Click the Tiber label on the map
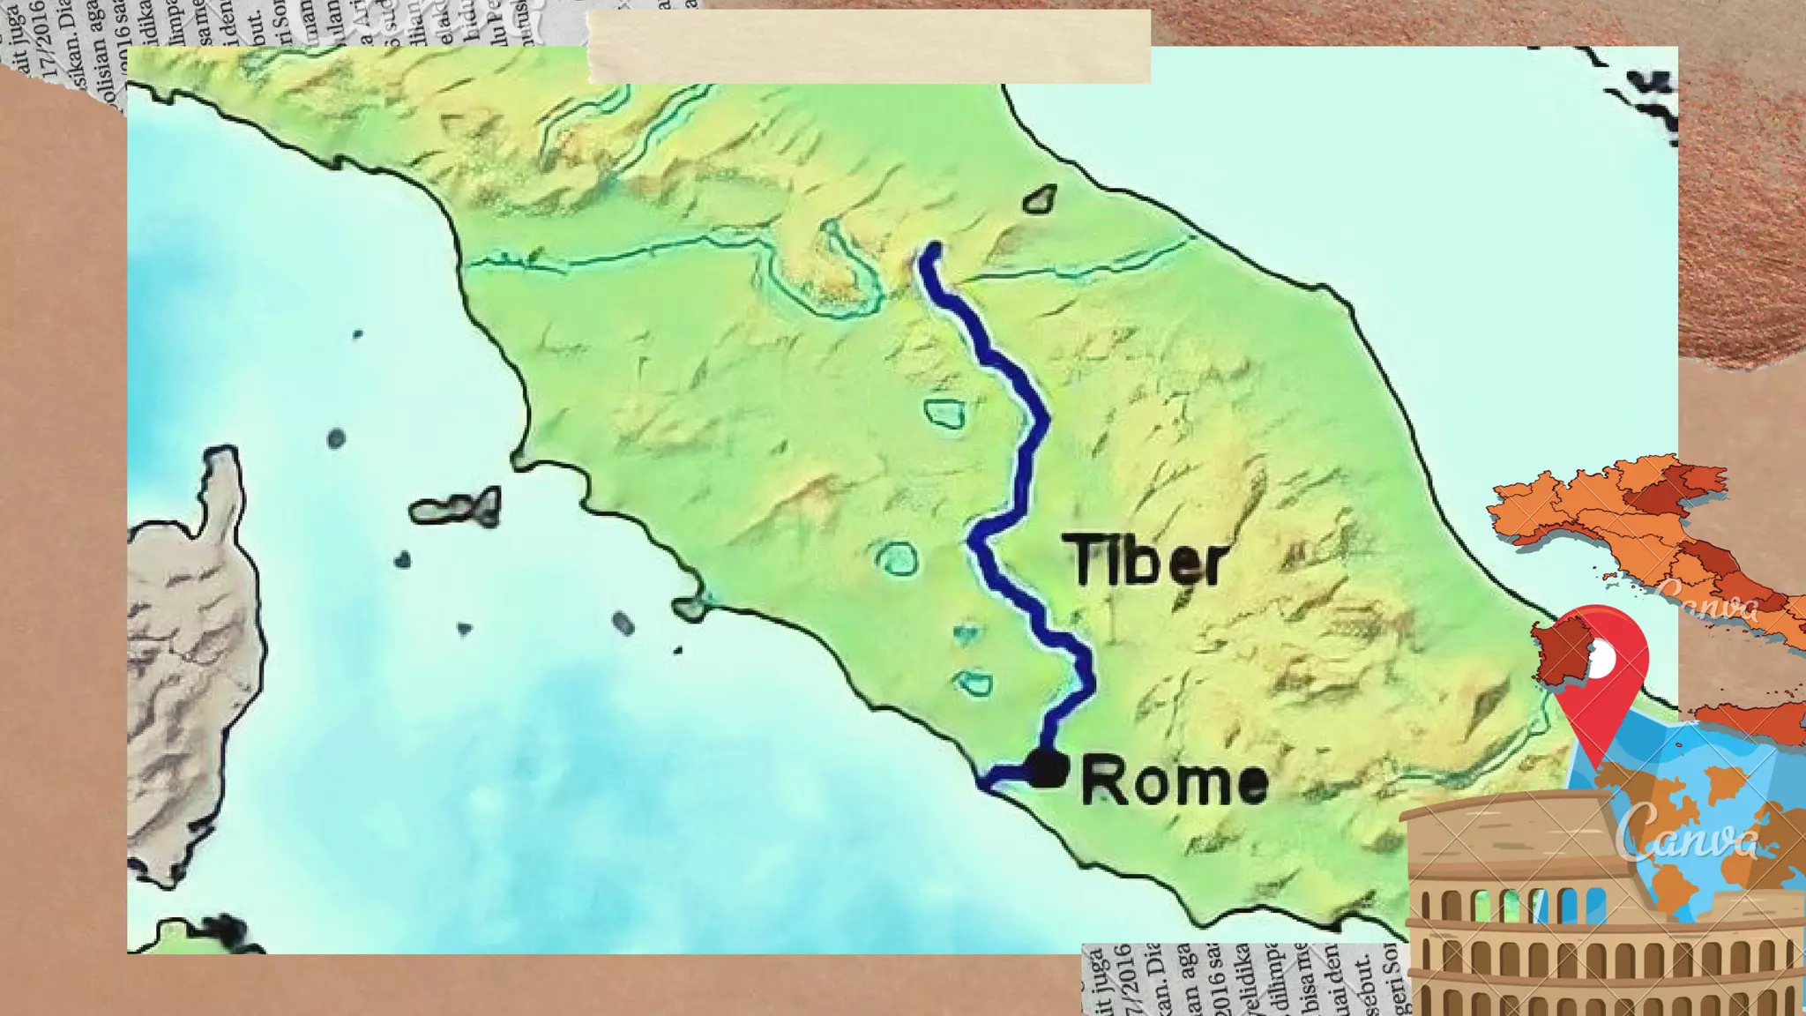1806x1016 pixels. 1146,560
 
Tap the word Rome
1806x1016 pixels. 1175,781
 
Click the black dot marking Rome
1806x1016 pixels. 1048,768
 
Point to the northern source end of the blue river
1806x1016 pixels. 932,250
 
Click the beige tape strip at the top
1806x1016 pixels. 869,47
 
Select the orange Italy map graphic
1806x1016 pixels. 1631,529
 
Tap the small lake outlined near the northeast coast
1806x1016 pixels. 1041,199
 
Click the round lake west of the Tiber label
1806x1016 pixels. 897,558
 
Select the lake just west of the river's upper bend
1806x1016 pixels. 944,413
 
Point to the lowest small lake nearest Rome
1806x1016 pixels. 974,683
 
